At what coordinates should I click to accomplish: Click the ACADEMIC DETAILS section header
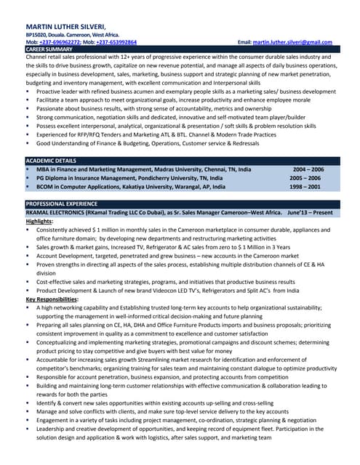[x=50, y=160]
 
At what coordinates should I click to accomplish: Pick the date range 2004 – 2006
[x=308, y=169]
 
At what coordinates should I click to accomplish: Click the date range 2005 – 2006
[x=305, y=178]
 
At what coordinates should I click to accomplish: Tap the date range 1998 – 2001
[x=305, y=187]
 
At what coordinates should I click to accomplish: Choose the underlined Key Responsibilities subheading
[x=52, y=299]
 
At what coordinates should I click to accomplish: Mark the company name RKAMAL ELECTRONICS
[x=54, y=212]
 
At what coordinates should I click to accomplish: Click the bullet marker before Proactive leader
[x=28, y=92]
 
